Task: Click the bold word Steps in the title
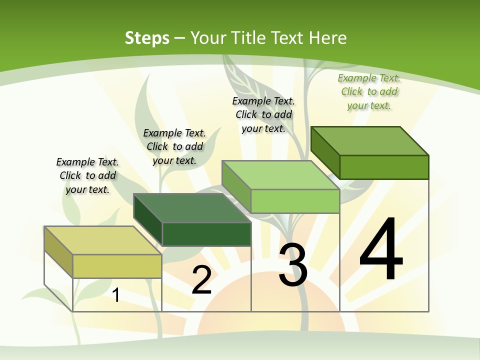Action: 147,38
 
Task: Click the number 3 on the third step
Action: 293,265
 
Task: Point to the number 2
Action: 201,280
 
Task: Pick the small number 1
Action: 116,295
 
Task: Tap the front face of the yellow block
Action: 117,266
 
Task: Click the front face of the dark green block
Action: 206,234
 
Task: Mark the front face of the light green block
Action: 295,201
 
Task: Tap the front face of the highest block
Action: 384,167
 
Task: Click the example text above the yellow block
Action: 87,175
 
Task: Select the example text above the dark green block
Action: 174,146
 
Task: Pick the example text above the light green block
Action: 263,114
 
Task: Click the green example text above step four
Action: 369,91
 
